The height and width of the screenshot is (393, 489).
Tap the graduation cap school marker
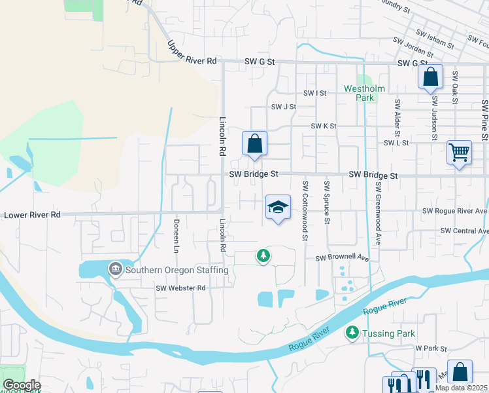pos(278,207)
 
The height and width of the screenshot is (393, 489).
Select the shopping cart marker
pos(460,153)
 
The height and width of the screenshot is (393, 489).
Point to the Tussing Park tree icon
pos(352,333)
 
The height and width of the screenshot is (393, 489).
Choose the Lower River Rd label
pos(32,214)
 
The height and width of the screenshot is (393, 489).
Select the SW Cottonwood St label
pos(305,210)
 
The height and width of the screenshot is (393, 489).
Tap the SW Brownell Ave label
pos(343,258)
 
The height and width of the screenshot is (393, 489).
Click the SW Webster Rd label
pos(180,288)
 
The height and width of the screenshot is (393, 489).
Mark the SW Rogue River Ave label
pos(455,211)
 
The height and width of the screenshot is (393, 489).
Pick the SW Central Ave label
pos(464,231)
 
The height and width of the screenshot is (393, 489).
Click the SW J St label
pos(284,107)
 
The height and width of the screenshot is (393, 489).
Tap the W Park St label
pos(430,349)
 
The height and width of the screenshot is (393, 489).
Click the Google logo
pos(22,385)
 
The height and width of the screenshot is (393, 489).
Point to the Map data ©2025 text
pos(462,388)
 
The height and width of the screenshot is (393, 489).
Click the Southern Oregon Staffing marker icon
pos(116,269)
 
